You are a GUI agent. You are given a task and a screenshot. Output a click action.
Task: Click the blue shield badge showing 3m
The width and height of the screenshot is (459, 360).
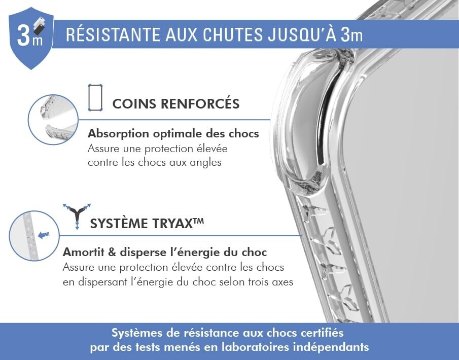coord(31,38)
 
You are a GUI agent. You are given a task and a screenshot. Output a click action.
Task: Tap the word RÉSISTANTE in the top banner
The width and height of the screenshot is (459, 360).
coord(113,34)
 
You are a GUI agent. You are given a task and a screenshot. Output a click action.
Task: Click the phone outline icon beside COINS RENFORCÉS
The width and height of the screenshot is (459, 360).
coord(95,97)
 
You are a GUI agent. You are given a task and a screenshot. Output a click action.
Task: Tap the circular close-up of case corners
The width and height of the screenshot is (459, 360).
coord(53,120)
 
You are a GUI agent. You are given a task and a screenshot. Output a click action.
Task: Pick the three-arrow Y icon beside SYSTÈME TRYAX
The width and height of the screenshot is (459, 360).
coord(77,216)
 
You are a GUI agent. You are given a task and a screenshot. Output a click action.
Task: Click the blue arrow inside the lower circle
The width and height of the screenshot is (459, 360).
coord(44,235)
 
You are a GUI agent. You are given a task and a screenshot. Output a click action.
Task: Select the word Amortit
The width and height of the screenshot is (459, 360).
coord(83,253)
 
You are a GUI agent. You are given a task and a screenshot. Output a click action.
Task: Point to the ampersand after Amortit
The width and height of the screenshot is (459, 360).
coord(112,253)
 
